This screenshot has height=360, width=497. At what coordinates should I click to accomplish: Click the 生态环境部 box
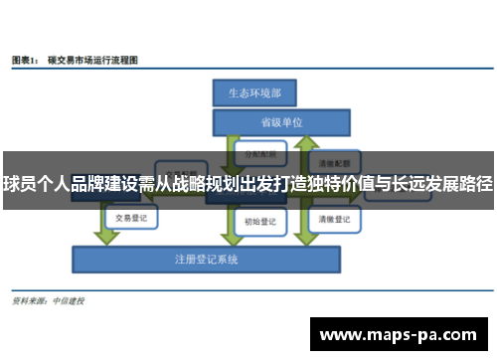pyautogui.click(x=254, y=92)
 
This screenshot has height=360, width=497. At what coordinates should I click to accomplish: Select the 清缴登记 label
pyautogui.click(x=333, y=219)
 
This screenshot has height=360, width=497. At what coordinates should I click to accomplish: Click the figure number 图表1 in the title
pyautogui.click(x=26, y=61)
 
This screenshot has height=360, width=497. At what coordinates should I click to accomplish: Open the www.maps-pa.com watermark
pyautogui.click(x=400, y=335)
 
